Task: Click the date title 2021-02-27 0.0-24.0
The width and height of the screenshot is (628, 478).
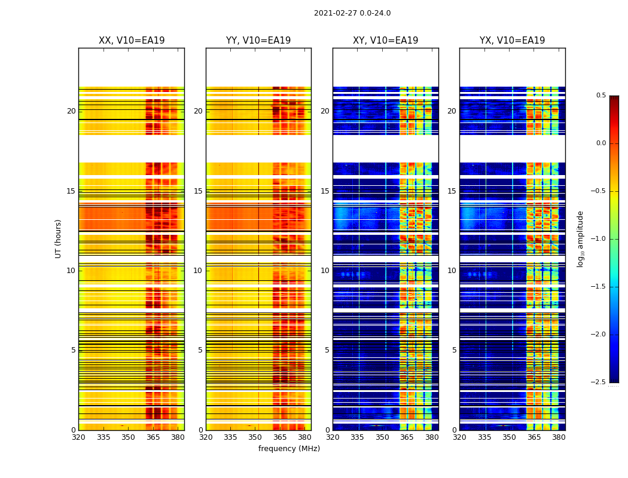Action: pos(352,13)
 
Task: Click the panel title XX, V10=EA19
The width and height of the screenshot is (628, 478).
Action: pos(132,41)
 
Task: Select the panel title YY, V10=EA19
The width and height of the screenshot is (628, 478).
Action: pos(258,41)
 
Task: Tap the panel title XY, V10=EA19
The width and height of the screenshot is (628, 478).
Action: pos(385,41)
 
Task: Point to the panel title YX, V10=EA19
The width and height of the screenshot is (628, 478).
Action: pos(512,41)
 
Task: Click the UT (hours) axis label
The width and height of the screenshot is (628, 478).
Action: pos(59,238)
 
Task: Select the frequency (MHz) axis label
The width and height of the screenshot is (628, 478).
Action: pos(289,449)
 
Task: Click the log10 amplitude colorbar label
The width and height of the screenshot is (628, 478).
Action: pos(580,238)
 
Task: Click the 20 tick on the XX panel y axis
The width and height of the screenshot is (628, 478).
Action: pos(71,111)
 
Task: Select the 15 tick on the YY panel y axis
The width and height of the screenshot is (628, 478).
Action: pos(198,191)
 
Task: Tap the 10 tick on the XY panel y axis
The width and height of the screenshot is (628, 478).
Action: pos(325,271)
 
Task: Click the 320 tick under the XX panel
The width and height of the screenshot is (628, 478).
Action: pos(78,437)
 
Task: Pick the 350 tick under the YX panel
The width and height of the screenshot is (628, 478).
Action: pos(509,437)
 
